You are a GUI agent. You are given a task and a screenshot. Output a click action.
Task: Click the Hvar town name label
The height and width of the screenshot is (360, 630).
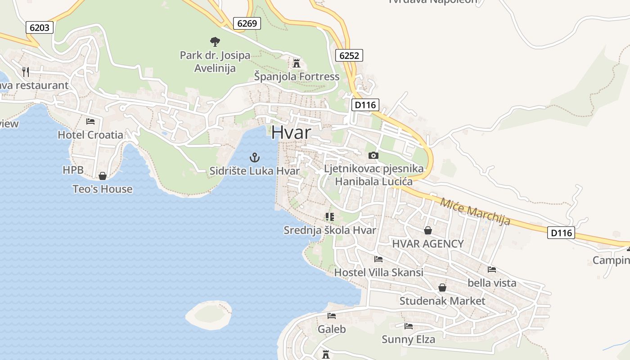(291, 132)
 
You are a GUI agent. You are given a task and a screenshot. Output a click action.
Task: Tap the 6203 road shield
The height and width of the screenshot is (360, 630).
(40, 27)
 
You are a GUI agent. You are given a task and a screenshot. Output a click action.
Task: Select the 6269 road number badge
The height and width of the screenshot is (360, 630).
(247, 23)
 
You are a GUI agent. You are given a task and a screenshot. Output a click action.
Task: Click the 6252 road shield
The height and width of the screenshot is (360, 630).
(349, 55)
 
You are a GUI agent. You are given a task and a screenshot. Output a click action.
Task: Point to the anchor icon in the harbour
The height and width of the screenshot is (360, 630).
(255, 157)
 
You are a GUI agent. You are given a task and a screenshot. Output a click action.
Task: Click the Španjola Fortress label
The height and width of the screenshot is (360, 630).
(297, 76)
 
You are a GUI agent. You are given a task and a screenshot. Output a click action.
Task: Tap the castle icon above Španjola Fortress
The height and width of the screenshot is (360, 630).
(297, 63)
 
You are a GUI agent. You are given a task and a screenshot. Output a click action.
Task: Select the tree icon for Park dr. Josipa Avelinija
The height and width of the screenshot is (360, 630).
(215, 42)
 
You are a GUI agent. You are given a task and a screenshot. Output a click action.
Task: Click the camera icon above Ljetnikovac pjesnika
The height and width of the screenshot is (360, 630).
(373, 156)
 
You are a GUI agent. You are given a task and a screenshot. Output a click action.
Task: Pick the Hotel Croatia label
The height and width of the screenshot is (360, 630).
(90, 135)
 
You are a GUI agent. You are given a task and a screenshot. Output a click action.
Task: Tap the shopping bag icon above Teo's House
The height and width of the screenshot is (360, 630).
(103, 176)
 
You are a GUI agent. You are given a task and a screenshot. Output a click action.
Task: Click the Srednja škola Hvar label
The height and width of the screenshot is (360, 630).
(329, 230)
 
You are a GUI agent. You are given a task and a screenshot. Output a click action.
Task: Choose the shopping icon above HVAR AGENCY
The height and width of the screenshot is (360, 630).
(427, 230)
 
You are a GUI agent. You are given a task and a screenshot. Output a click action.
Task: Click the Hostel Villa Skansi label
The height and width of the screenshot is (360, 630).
(378, 272)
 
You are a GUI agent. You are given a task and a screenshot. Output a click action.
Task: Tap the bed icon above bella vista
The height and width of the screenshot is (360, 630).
(492, 270)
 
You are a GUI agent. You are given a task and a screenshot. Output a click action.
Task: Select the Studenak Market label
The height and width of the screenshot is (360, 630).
(442, 301)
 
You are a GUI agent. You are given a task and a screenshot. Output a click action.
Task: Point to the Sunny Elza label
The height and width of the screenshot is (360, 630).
(408, 339)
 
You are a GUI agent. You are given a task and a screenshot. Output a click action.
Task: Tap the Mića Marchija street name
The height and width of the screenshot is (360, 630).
(475, 211)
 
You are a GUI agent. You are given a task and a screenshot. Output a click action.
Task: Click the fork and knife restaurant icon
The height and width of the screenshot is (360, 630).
(26, 72)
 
